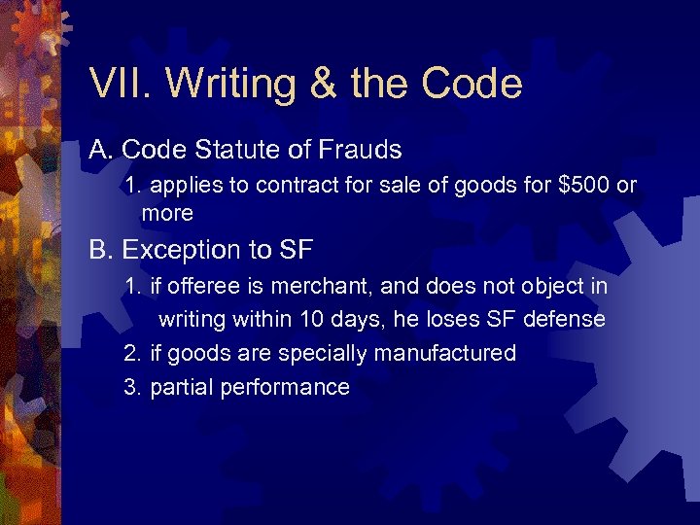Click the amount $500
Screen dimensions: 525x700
581,186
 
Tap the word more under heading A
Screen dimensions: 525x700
167,212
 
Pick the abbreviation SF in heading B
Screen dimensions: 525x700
295,250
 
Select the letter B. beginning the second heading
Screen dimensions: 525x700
101,250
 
